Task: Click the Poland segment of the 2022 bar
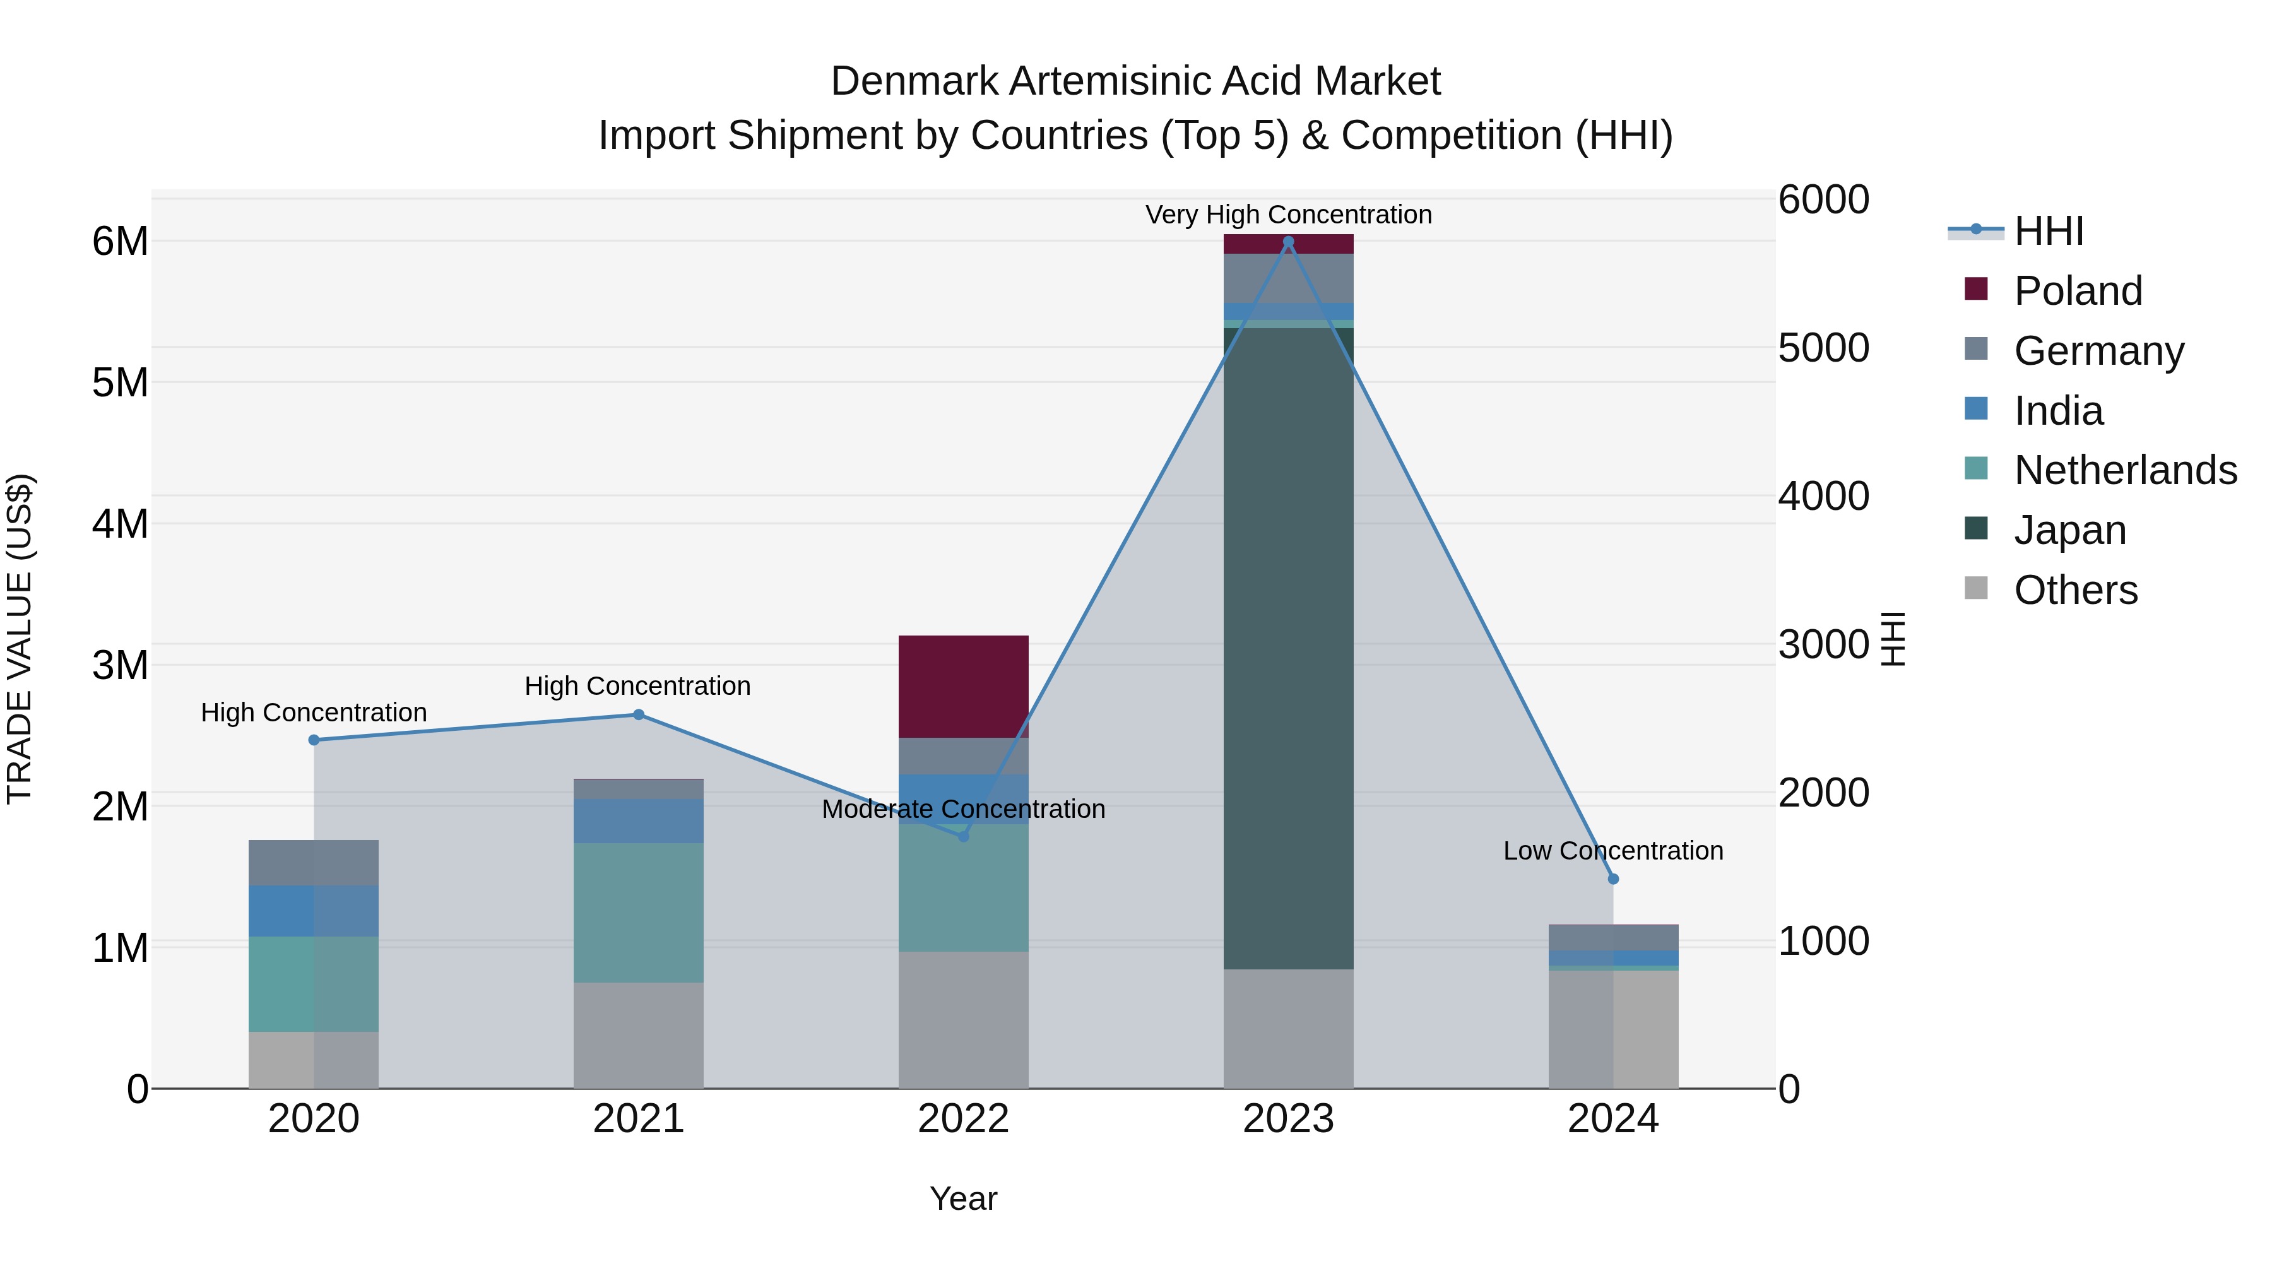(x=963, y=686)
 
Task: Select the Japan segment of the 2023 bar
(x=1287, y=648)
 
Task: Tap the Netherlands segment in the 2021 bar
(x=639, y=912)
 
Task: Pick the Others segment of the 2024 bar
(x=1613, y=1029)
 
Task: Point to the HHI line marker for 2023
(x=1287, y=242)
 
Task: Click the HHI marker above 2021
(x=639, y=714)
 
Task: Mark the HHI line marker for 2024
(x=1613, y=879)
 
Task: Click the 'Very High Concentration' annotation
(x=1287, y=215)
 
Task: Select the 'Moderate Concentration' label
(x=963, y=809)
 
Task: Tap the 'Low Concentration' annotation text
(x=1613, y=850)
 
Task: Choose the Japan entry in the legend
(x=2070, y=530)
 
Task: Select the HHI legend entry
(x=2048, y=231)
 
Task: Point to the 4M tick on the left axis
(x=120, y=524)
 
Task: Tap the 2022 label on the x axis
(x=963, y=1119)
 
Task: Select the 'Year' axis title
(x=963, y=1198)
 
